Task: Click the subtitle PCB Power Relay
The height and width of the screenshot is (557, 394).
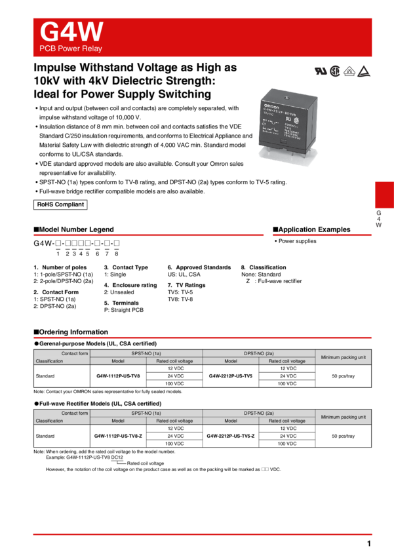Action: click(71, 49)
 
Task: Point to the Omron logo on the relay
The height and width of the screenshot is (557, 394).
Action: click(271, 105)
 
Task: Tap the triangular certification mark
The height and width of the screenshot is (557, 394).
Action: click(364, 72)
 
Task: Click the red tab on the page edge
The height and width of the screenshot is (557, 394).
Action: click(384, 195)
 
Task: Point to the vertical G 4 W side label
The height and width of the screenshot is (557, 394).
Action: click(378, 219)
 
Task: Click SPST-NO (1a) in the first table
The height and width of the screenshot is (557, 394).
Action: click(146, 353)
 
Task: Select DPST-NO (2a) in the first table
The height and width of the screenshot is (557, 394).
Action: click(259, 353)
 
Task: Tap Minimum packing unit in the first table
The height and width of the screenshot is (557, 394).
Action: click(344, 357)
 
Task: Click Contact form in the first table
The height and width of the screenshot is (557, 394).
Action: click(75, 353)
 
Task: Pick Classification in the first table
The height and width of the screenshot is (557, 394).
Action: click(50, 361)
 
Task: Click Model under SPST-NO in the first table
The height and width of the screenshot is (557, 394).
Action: click(118, 361)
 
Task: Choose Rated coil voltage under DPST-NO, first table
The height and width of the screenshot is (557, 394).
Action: click(287, 361)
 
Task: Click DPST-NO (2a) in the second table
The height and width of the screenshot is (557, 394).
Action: click(259, 413)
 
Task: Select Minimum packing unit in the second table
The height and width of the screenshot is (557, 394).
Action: click(344, 417)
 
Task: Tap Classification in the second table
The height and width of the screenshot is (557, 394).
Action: click(50, 421)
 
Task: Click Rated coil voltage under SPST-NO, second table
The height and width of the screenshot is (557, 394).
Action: click(174, 421)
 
